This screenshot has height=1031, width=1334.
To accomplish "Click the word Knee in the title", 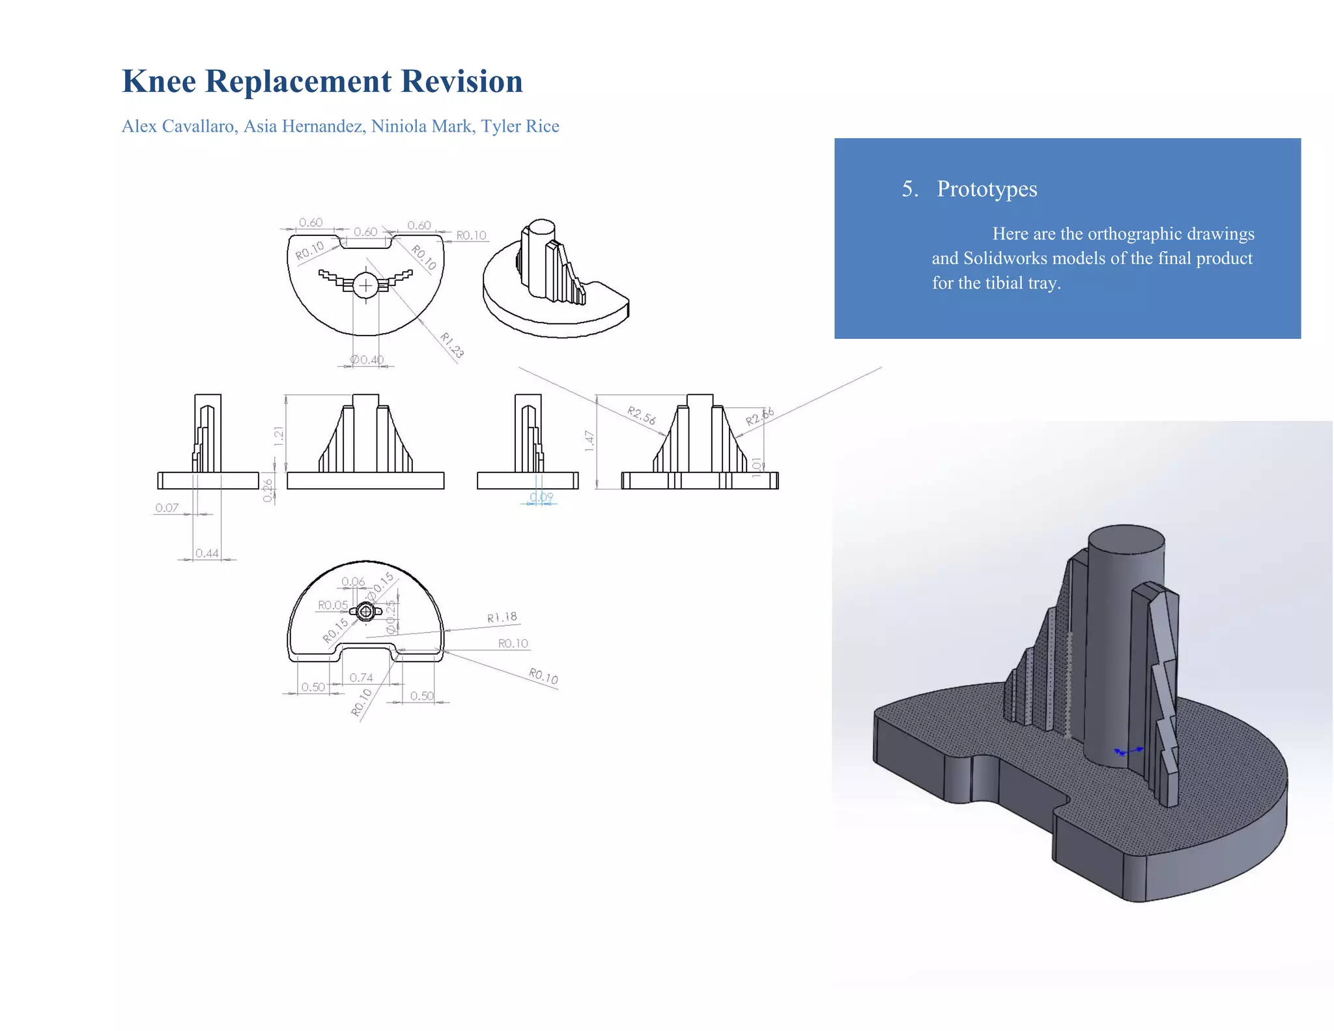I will (x=159, y=81).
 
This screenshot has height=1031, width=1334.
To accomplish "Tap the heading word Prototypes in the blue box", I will (x=986, y=189).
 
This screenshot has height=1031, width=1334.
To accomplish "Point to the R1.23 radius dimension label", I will (x=451, y=345).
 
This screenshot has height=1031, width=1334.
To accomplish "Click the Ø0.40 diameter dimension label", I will (x=367, y=360).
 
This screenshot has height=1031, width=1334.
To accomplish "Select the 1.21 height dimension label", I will (x=279, y=436).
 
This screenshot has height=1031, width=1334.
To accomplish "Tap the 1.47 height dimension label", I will (x=589, y=441).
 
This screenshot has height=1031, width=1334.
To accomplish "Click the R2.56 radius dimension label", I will (x=641, y=415).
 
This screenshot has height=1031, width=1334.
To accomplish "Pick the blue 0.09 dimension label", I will (x=541, y=497).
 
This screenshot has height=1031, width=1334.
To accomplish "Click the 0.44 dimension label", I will (x=207, y=553).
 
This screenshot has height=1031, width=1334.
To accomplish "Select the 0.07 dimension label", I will (x=167, y=508).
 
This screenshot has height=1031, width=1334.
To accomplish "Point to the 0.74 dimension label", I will (x=361, y=678).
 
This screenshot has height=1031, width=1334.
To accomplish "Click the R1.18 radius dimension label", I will (x=502, y=617).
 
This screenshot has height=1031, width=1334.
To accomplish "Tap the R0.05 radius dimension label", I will (x=332, y=605).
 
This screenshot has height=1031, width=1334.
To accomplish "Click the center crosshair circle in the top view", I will (x=366, y=285).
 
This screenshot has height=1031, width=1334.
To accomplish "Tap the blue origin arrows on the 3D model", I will (x=1128, y=751).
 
